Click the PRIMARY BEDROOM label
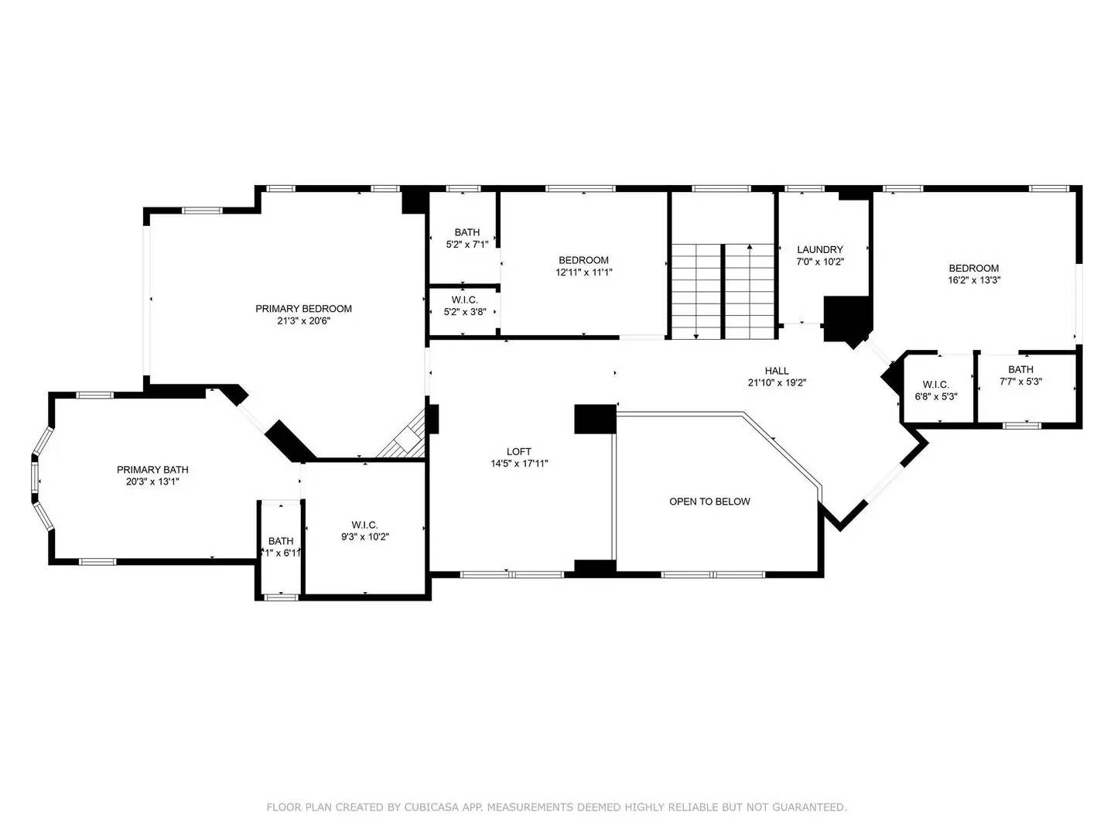[x=303, y=309]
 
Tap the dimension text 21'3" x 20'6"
[x=303, y=321]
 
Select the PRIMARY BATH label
[x=152, y=470]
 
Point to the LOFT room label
[x=519, y=451]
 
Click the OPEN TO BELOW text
[x=709, y=502]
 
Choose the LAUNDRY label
[x=820, y=250]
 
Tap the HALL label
[x=777, y=371]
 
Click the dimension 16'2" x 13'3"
[x=974, y=281]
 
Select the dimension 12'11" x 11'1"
[x=583, y=272]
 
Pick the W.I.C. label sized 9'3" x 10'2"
[x=364, y=525]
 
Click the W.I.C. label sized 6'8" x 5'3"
[x=935, y=385]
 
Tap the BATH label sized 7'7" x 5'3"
[x=1020, y=369]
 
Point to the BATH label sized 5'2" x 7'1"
[x=466, y=232]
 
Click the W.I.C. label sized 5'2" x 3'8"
[x=464, y=300]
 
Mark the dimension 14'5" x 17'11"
[x=519, y=464]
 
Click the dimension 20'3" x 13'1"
[x=152, y=481]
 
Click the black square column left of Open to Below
[x=595, y=419]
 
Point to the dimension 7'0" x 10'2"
[x=820, y=262]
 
